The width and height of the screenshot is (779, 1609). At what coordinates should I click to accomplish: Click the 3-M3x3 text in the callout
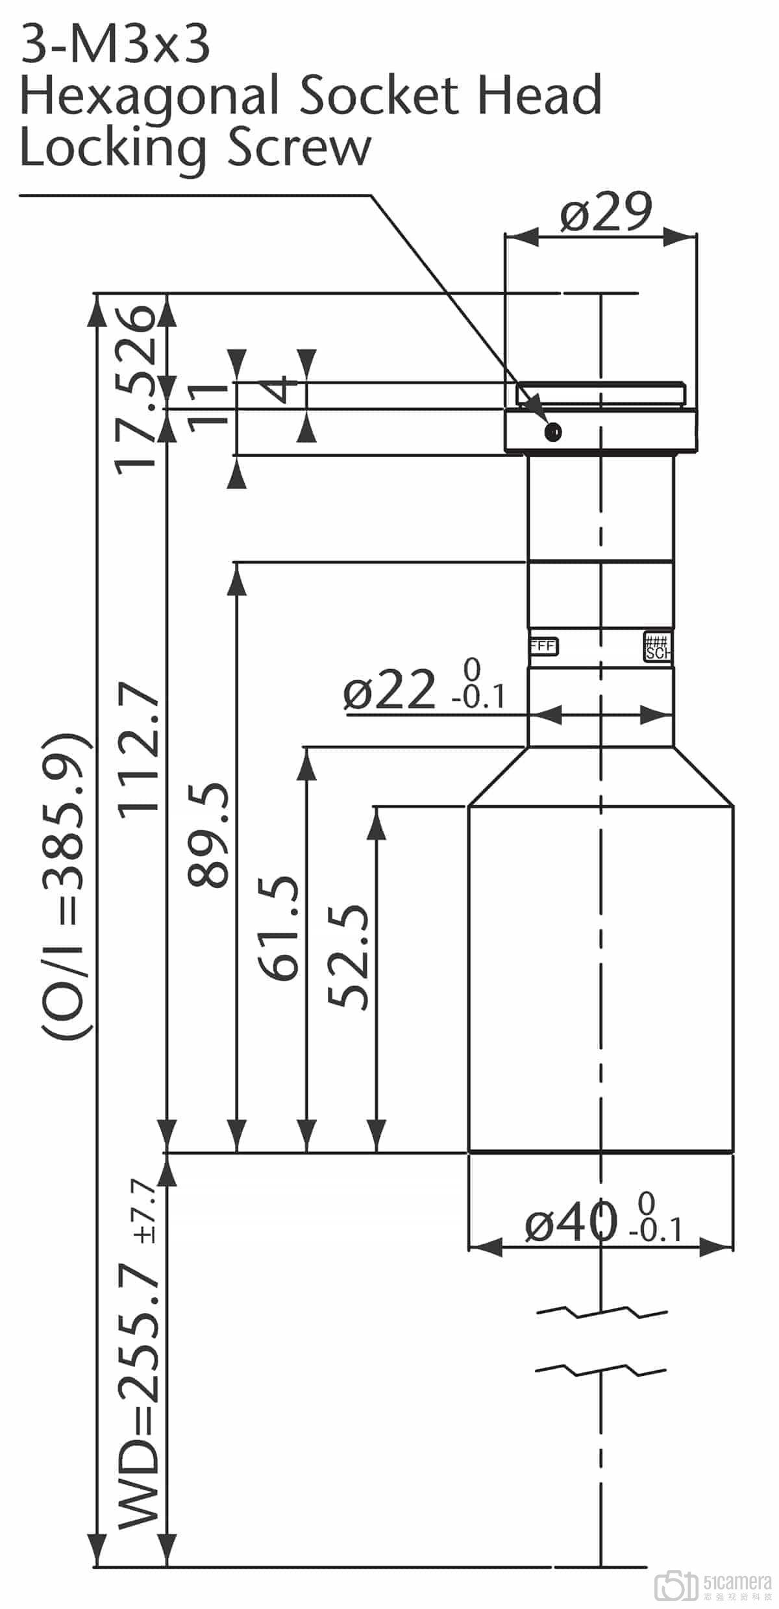pyautogui.click(x=116, y=45)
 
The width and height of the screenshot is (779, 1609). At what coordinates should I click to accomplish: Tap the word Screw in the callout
pyautogui.click(x=299, y=148)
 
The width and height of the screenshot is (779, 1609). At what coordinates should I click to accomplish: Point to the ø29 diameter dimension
pyautogui.click(x=605, y=212)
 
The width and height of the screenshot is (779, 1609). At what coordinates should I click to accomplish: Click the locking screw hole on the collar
pyautogui.click(x=554, y=432)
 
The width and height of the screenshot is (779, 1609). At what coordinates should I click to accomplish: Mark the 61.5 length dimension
pyautogui.click(x=279, y=928)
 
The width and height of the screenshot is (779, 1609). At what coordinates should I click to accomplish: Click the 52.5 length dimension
pyautogui.click(x=349, y=957)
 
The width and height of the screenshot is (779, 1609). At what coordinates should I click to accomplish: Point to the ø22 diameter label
pyautogui.click(x=389, y=689)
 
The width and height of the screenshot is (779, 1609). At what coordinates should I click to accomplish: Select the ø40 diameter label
pyautogui.click(x=571, y=1222)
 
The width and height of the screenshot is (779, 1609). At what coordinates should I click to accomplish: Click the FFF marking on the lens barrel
pyautogui.click(x=543, y=646)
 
